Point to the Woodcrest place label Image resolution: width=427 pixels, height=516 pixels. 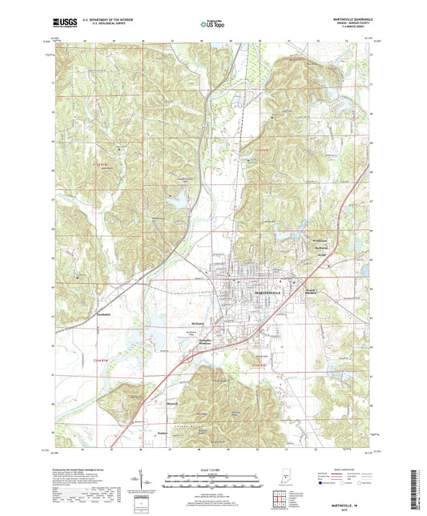point(320,241)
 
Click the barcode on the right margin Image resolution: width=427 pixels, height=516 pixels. point(420,490)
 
